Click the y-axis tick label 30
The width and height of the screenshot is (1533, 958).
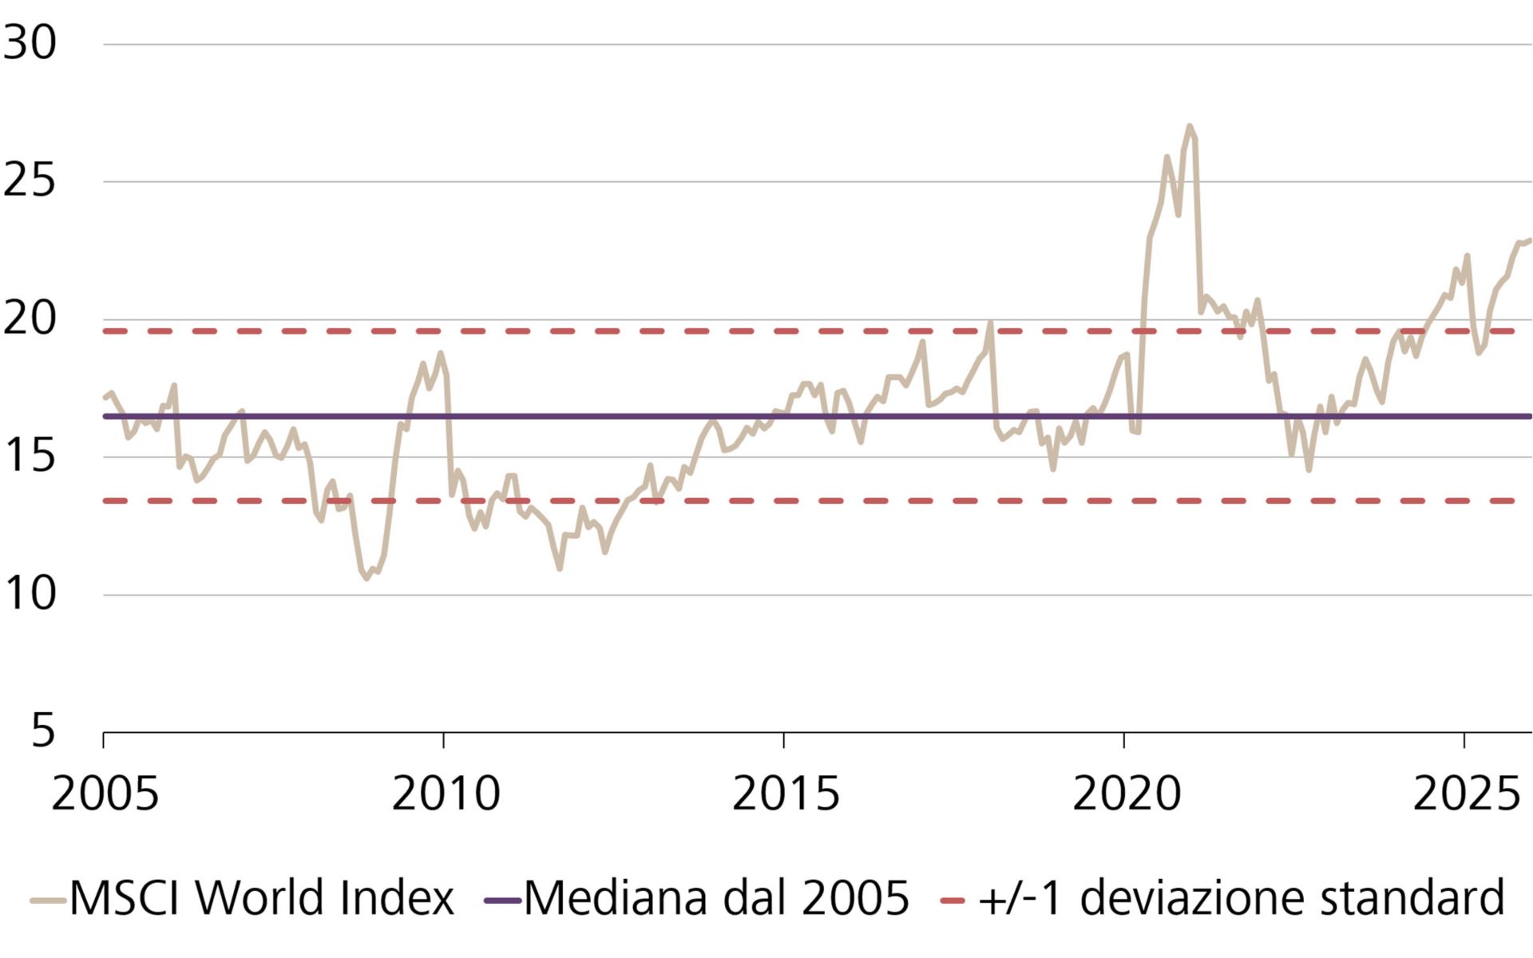click(30, 42)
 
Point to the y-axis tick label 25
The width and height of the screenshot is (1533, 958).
click(30, 180)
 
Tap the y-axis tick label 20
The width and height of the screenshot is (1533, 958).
click(30, 319)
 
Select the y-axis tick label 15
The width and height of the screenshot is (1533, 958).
click(30, 456)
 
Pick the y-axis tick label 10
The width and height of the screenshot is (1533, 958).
click(30, 594)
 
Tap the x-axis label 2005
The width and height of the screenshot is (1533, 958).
click(105, 794)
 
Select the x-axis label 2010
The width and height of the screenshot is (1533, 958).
click(445, 794)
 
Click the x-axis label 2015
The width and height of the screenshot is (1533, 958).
click(785, 794)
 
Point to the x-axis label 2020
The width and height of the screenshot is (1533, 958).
click(1125, 794)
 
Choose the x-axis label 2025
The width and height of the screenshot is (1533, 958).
click(1466, 794)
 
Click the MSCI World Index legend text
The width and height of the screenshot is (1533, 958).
click(261, 897)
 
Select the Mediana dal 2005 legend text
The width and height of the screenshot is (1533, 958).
click(716, 897)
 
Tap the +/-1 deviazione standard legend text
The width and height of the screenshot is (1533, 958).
click(1241, 897)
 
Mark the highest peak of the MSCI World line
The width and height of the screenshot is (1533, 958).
click(1190, 126)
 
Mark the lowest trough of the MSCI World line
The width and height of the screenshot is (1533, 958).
click(366, 578)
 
